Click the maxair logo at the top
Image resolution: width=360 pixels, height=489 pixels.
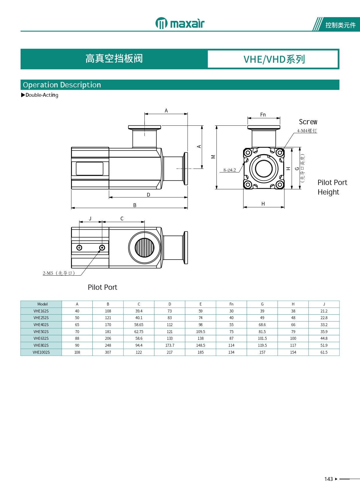point(180,23)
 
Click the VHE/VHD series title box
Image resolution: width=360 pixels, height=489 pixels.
point(273,59)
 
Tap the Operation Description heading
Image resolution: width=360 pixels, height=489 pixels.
point(62,85)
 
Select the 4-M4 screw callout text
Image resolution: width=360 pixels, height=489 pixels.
point(307,131)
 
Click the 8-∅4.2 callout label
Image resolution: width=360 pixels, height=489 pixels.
point(229,170)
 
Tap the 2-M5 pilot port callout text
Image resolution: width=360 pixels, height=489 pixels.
point(59,273)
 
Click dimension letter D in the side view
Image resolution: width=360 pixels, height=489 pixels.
point(148,195)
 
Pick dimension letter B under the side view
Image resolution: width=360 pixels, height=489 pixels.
point(135,205)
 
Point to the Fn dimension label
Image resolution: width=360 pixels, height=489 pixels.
point(263,115)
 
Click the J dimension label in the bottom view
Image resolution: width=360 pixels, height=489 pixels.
point(90,219)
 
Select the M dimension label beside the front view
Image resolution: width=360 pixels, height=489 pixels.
point(213,157)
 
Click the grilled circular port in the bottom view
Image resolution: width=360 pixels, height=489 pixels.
point(144,248)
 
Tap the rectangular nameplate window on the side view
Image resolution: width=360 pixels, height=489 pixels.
point(90,169)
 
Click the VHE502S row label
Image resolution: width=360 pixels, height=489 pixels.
point(41,332)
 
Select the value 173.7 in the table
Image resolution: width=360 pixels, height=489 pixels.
point(170,345)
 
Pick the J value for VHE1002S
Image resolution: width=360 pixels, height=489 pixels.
point(324,352)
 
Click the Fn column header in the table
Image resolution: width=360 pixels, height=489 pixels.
point(231,304)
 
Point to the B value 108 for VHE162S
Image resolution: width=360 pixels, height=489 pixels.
point(108,311)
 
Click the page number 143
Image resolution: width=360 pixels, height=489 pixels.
point(328,479)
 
